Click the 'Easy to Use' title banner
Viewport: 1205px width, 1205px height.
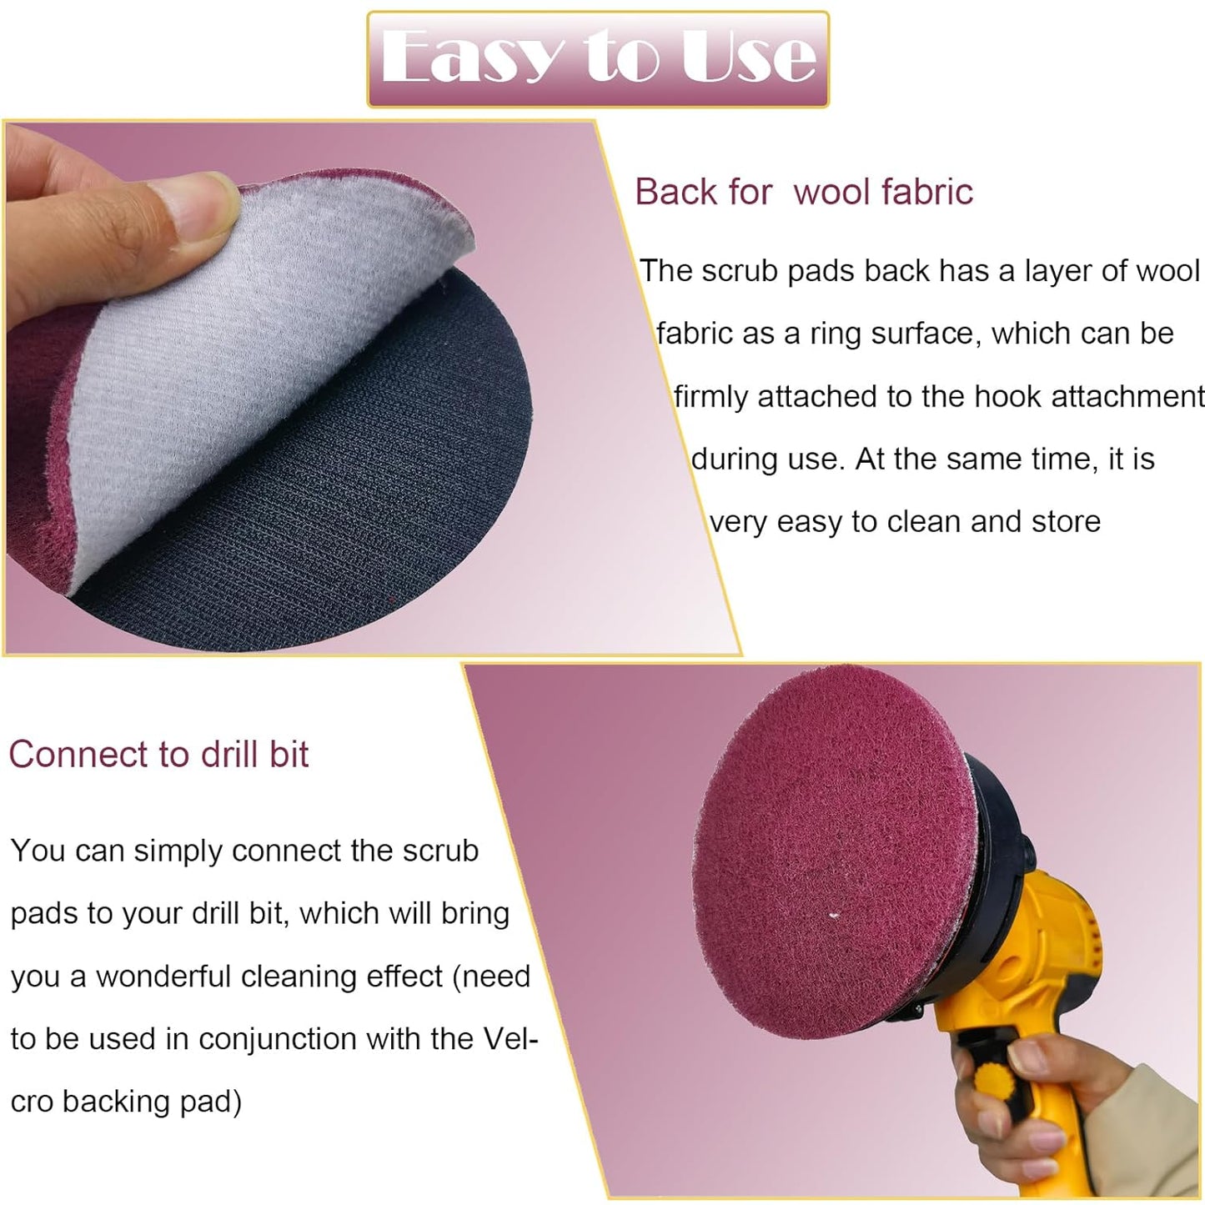point(598,58)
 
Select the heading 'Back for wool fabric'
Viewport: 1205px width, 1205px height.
point(803,192)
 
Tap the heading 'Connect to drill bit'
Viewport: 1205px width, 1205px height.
point(158,755)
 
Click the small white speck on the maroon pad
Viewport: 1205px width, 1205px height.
point(835,916)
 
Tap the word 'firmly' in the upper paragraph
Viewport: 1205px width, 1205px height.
point(710,397)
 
